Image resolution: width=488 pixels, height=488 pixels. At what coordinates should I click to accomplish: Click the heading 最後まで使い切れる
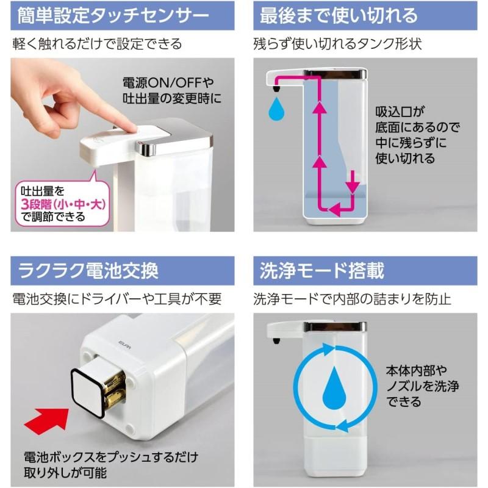[x=339, y=15]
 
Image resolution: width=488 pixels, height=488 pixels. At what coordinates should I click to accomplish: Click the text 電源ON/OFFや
[x=170, y=81]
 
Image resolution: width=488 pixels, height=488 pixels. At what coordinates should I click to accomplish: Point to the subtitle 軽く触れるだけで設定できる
[x=97, y=45]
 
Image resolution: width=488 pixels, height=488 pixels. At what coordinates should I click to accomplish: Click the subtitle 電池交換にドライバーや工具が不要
[x=117, y=299]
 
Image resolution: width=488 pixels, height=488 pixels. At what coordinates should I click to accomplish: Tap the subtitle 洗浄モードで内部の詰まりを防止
[x=352, y=299]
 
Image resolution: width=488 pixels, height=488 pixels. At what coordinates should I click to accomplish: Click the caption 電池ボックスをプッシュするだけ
[x=110, y=457]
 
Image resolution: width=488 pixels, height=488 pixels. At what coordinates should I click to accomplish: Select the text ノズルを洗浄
[x=422, y=386]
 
